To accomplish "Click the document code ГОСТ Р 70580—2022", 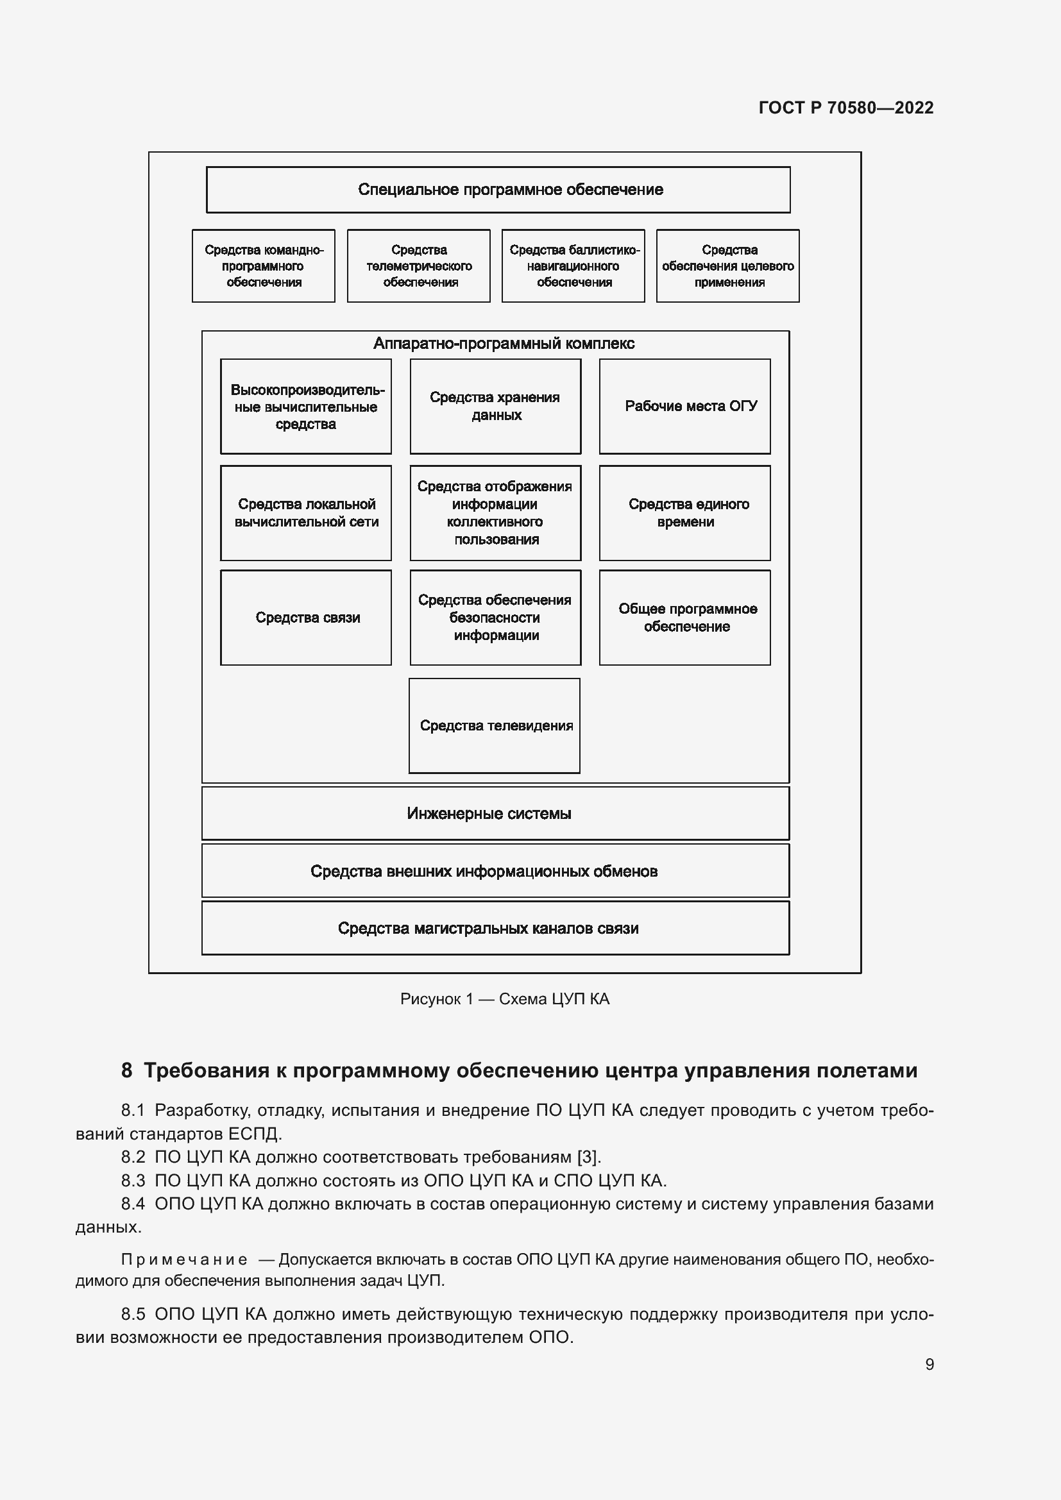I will pyautogui.click(x=845, y=108).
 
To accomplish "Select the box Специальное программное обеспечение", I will pyautogui.click(x=498, y=189).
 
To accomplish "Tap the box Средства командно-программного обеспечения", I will pyautogui.click(x=263, y=266).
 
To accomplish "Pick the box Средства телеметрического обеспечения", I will pyautogui.click(x=419, y=266).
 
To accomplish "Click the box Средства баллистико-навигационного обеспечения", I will pyautogui.click(x=573, y=266).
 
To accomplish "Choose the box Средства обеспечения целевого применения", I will pyautogui.click(x=728, y=266).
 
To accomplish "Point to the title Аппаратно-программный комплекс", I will pyautogui.click(x=503, y=344).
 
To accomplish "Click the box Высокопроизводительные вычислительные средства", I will pyautogui.click(x=306, y=407).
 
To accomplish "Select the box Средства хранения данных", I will pyautogui.click(x=495, y=407).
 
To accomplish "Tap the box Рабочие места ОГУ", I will pyautogui.click(x=684, y=407).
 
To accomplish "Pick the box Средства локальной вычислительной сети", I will pyautogui.click(x=306, y=513).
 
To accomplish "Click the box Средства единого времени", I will pyautogui.click(x=684, y=513).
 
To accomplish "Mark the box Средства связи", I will pyautogui.click(x=306, y=618).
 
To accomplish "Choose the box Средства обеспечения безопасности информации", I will pyautogui.click(x=495, y=618).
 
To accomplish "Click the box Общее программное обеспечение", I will pyautogui.click(x=684, y=618).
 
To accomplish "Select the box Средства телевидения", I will pyautogui.click(x=495, y=725).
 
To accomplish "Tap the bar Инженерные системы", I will pyautogui.click(x=495, y=813).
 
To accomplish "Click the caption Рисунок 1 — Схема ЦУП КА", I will pyautogui.click(x=504, y=999).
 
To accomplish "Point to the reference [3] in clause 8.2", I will pyautogui.click(x=588, y=1157).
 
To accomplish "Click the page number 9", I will pyautogui.click(x=929, y=1364).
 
